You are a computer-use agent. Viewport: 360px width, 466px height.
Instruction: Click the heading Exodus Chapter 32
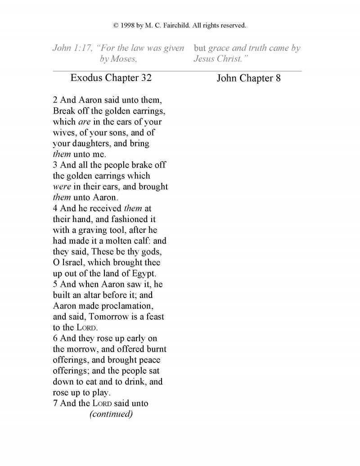pyautogui.click(x=111, y=77)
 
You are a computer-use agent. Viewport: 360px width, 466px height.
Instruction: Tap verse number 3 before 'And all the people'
pyautogui.click(x=55, y=165)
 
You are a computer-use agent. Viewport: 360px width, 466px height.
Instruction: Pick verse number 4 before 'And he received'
pyautogui.click(x=55, y=208)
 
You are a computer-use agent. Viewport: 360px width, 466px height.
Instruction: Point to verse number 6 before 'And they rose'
pyautogui.click(x=55, y=338)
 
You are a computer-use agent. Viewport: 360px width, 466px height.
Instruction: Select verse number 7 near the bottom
pyautogui.click(x=55, y=403)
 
